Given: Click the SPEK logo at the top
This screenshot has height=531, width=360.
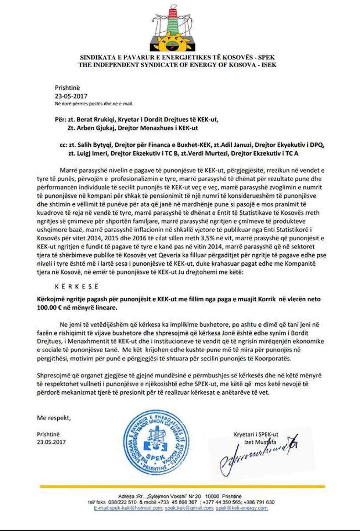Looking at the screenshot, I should click(177, 28).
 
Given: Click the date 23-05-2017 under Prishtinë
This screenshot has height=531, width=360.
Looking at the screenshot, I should click(71, 96).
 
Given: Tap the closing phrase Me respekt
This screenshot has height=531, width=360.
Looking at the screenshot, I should click(54, 418).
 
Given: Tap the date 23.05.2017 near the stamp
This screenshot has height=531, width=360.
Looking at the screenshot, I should click(51, 442).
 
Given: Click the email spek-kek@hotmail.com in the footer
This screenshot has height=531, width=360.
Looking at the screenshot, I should click(128, 508).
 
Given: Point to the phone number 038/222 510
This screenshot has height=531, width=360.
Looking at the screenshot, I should click(123, 502).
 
